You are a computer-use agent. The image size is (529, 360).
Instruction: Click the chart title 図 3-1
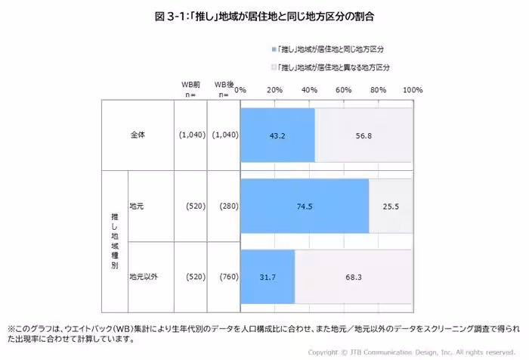(264, 15)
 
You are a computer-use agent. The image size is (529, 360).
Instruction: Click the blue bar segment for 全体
(277, 135)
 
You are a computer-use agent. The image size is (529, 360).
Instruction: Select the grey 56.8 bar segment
(363, 135)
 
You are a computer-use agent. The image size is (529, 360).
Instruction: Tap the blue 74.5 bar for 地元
(305, 206)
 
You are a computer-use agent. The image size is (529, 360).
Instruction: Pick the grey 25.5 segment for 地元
(391, 206)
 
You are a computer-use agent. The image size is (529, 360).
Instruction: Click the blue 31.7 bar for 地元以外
(268, 277)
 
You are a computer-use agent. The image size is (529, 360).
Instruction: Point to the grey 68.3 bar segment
(354, 277)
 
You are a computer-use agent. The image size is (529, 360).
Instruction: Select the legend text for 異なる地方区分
(333, 67)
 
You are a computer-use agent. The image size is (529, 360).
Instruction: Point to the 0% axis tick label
(241, 90)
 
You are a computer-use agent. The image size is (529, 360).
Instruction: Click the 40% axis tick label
(309, 90)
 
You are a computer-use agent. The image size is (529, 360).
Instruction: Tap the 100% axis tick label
(413, 90)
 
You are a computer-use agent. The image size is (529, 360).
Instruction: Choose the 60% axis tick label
(344, 90)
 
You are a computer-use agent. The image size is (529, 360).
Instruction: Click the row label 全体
(137, 135)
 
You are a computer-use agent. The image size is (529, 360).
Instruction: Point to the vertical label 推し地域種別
(114, 241)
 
